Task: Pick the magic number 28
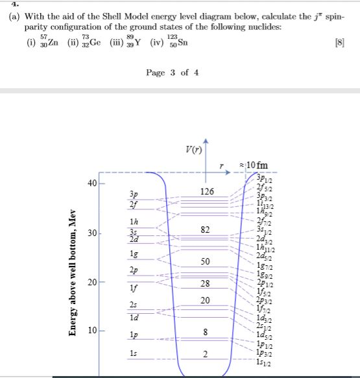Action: tap(205, 283)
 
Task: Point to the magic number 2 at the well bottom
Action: tap(205, 354)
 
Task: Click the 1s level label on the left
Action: tap(134, 353)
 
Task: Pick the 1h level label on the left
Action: tap(134, 221)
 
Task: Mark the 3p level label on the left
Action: tap(134, 194)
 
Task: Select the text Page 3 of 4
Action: tap(172, 72)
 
